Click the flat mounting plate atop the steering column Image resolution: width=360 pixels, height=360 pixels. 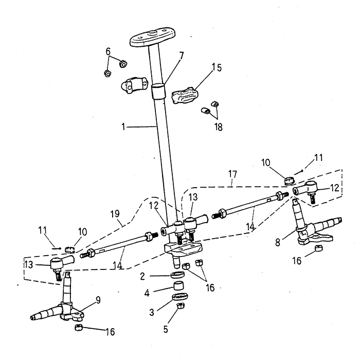(151, 39)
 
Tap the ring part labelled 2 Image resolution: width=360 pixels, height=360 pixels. (177, 277)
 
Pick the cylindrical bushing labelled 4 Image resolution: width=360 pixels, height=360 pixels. (178, 286)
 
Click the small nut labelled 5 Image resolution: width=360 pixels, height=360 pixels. (181, 307)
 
